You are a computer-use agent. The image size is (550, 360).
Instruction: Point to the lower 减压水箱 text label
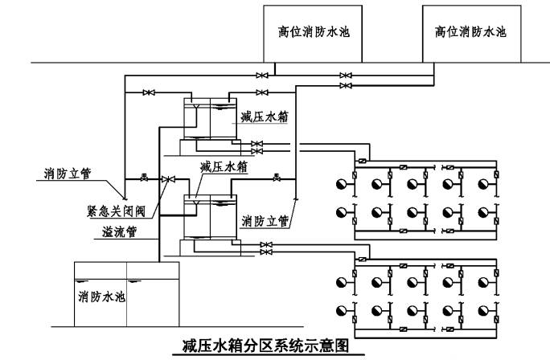[x=223, y=166]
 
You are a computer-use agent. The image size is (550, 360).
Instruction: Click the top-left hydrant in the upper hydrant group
[x=343, y=185]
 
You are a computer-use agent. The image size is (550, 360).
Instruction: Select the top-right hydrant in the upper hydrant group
[x=484, y=185]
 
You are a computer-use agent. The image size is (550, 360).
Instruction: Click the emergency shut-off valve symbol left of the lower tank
[x=166, y=178]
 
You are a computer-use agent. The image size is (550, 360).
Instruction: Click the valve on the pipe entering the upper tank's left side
[x=148, y=93]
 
